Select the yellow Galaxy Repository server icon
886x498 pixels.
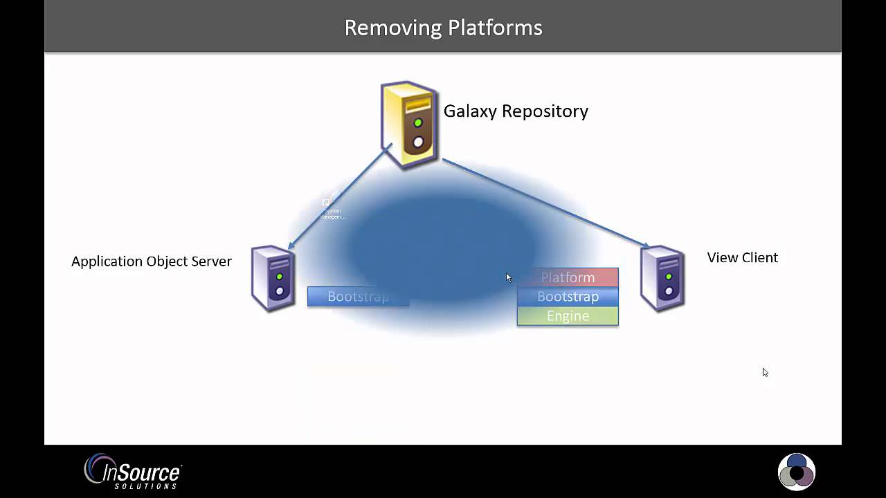click(x=410, y=125)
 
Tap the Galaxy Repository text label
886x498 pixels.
click(x=516, y=111)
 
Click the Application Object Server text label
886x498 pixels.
click(x=151, y=261)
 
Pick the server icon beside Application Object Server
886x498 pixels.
click(x=273, y=278)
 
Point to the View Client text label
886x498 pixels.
click(x=742, y=257)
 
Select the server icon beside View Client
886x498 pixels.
click(x=663, y=278)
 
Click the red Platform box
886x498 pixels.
click(x=568, y=277)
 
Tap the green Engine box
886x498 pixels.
click(x=568, y=316)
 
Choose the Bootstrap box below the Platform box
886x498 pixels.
click(x=568, y=297)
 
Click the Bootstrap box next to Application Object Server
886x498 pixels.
click(x=358, y=297)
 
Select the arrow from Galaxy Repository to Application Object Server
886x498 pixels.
click(x=339, y=197)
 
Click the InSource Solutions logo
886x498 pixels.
click(x=133, y=472)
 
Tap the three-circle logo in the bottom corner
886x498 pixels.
click(x=797, y=472)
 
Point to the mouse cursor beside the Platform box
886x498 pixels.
click(x=508, y=277)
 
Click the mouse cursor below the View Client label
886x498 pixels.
click(x=765, y=372)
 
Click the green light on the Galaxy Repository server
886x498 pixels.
click(x=418, y=123)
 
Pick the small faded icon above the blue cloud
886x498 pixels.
click(x=329, y=205)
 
